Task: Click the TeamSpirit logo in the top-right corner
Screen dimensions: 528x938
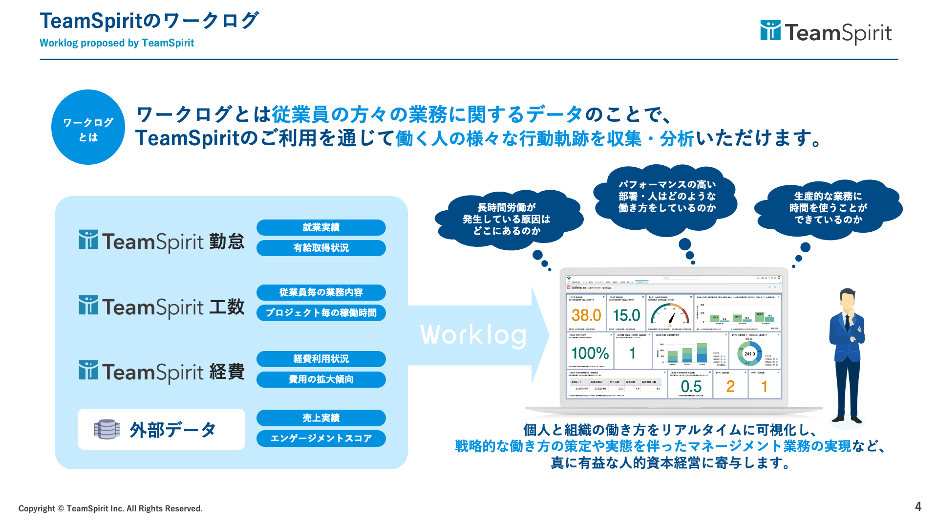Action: [826, 32]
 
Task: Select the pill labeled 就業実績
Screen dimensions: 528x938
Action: [321, 227]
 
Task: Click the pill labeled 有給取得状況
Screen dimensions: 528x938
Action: [321, 248]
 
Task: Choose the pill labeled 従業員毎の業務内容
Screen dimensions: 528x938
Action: [321, 292]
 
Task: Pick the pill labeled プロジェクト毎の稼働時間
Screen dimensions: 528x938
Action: [321, 313]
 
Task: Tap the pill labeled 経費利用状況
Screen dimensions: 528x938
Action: [321, 359]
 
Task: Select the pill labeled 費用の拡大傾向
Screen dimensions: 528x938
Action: [321, 379]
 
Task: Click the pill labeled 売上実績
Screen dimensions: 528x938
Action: [321, 418]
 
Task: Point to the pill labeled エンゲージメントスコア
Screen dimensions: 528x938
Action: [321, 439]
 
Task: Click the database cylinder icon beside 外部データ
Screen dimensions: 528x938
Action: [107, 429]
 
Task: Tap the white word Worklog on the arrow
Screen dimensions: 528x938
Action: [473, 335]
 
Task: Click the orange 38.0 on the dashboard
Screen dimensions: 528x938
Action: [586, 315]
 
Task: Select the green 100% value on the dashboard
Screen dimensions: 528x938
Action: [590, 353]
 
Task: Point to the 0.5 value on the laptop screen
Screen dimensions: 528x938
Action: [691, 387]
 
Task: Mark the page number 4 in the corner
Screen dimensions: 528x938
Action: [918, 506]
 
